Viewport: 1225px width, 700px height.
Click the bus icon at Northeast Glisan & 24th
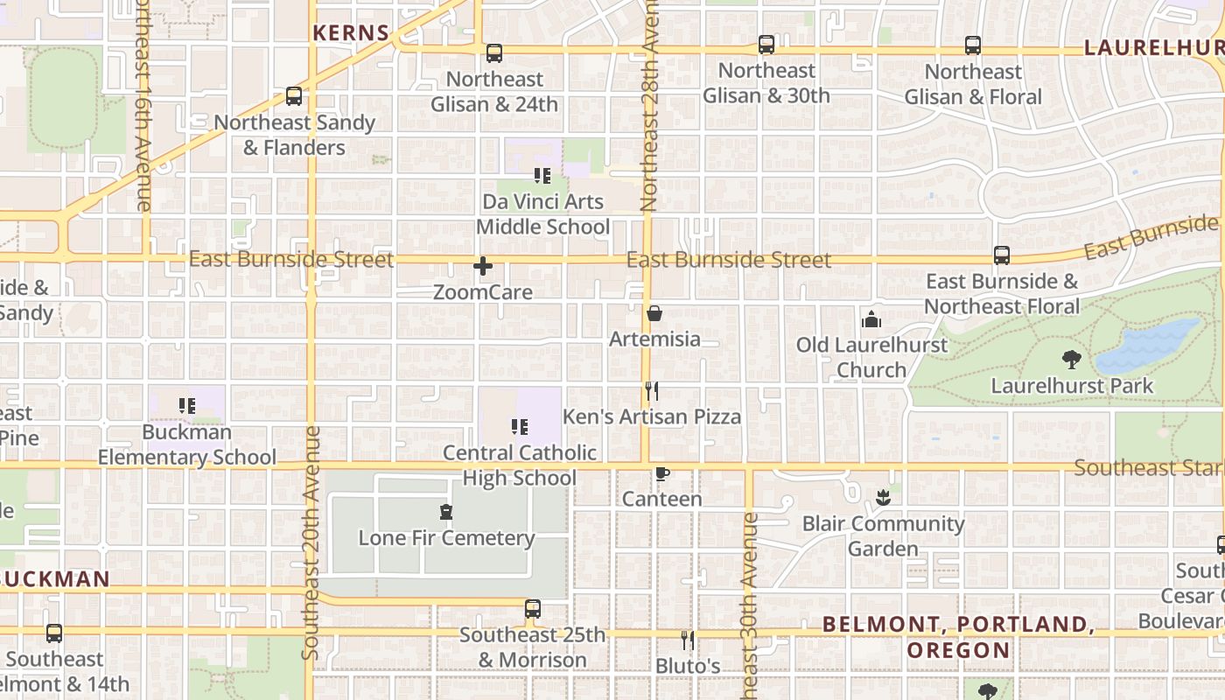click(x=494, y=53)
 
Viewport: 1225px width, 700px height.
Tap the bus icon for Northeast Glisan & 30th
click(x=766, y=45)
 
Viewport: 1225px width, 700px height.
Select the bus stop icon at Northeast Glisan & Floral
click(x=973, y=45)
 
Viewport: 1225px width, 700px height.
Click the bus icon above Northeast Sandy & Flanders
click(x=294, y=96)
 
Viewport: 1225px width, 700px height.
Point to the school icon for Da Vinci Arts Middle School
click(x=542, y=176)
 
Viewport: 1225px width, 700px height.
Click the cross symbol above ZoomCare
click(x=483, y=266)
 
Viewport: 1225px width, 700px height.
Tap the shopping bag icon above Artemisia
click(x=654, y=313)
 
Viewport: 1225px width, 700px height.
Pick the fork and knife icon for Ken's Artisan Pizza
click(x=652, y=391)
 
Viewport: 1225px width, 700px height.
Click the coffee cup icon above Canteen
click(x=662, y=474)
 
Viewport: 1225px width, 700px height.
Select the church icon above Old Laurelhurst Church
click(x=871, y=319)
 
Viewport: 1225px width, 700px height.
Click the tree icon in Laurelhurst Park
click(x=1071, y=359)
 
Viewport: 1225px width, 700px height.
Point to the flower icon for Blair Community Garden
click(x=883, y=499)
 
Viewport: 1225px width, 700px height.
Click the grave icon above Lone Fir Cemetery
click(x=446, y=512)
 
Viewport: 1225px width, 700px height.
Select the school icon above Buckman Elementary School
click(x=186, y=406)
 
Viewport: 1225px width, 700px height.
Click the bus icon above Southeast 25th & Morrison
click(x=533, y=608)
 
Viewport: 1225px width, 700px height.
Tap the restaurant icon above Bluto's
click(x=688, y=640)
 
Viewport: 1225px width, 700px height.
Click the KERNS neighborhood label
click(x=351, y=33)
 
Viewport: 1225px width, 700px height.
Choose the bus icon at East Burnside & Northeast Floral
click(x=1002, y=255)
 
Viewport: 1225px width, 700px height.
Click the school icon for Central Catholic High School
click(x=520, y=427)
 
